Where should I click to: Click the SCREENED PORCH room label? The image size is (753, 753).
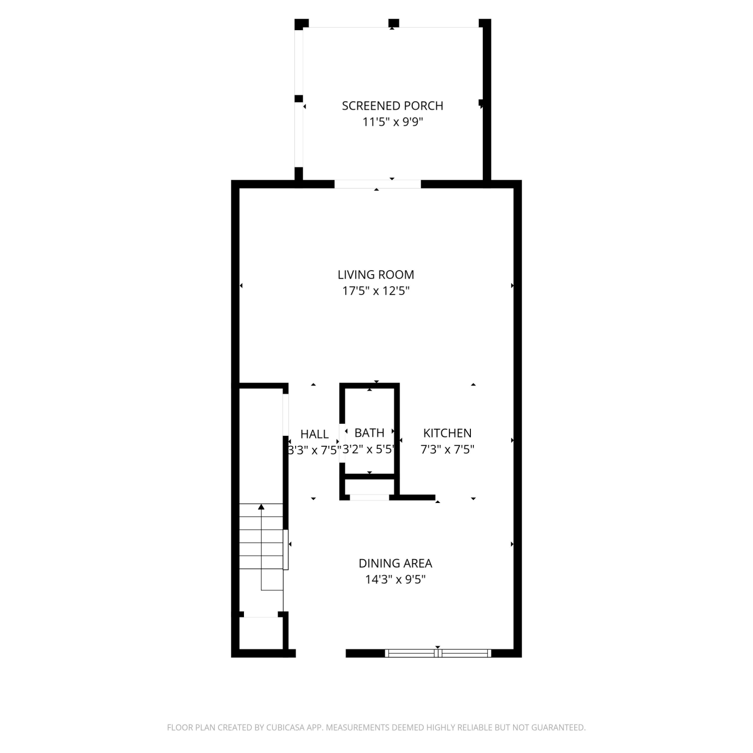pyautogui.click(x=393, y=106)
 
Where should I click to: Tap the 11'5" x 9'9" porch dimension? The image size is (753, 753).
pyautogui.click(x=393, y=122)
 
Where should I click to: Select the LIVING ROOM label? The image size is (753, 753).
pyautogui.click(x=376, y=275)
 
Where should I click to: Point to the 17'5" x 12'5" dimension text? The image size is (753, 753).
pyautogui.click(x=376, y=291)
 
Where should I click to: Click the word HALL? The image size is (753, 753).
pyautogui.click(x=315, y=434)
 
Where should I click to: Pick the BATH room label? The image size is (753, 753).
pyautogui.click(x=369, y=433)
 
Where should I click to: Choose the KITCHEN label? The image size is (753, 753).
pyautogui.click(x=447, y=433)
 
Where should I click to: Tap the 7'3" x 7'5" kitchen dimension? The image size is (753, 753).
pyautogui.click(x=447, y=449)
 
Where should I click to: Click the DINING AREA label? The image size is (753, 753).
pyautogui.click(x=396, y=563)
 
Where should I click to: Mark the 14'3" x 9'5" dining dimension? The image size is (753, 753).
pyautogui.click(x=396, y=579)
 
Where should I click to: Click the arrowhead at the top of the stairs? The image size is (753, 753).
pyautogui.click(x=261, y=507)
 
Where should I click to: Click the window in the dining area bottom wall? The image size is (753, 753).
pyautogui.click(x=438, y=653)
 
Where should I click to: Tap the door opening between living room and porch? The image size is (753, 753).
pyautogui.click(x=378, y=184)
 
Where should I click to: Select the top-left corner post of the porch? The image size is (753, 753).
pyautogui.click(x=301, y=24)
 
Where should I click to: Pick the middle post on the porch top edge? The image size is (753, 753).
pyautogui.click(x=394, y=23)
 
